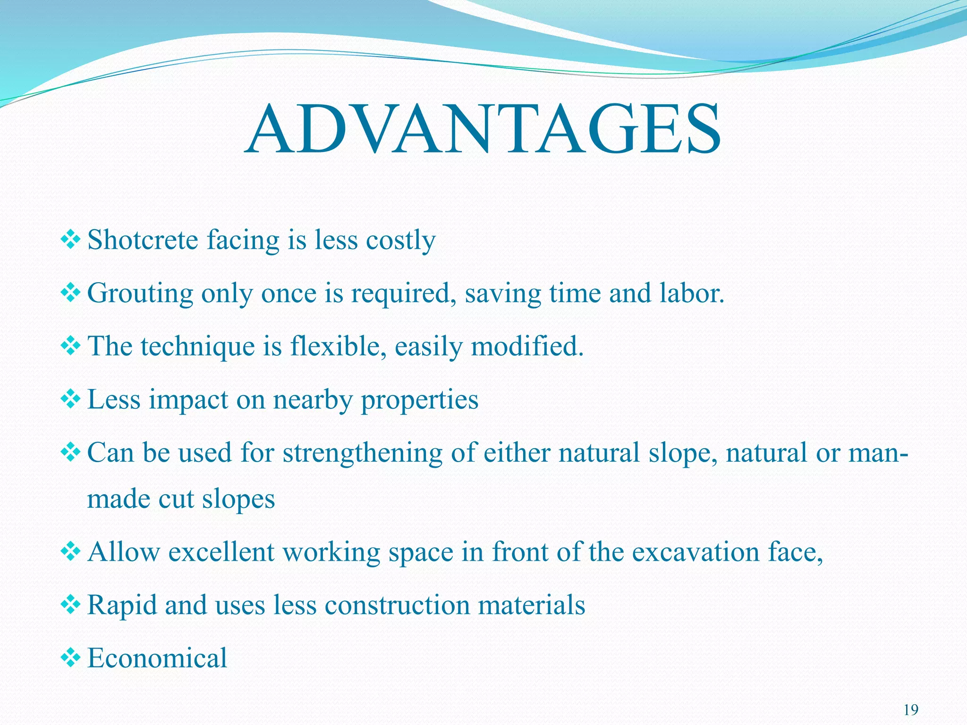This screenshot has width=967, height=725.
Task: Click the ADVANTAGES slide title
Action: pos(483,130)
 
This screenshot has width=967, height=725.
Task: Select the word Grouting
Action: pos(140,294)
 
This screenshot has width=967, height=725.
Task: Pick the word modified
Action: pos(527,346)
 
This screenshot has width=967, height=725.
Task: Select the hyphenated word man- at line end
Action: pos(878,453)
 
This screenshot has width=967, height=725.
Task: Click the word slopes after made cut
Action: pos(238,499)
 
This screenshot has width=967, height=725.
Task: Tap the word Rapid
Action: pos(122,606)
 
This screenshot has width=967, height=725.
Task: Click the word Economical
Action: pos(157,658)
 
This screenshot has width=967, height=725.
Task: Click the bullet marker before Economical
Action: pos(71,658)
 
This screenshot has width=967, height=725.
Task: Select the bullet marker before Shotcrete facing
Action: pos(71,240)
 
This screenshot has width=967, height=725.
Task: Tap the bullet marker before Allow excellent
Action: pos(71,552)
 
